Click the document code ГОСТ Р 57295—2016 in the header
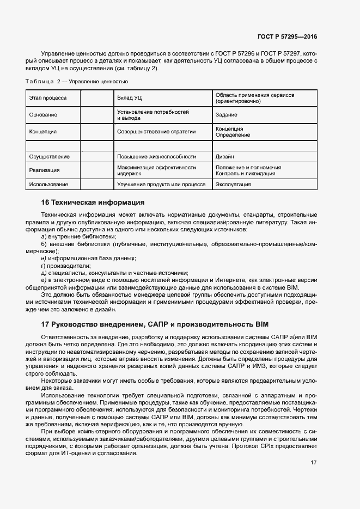coord(286,36)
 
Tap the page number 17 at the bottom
coord(314,463)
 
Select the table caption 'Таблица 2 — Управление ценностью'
coord(77,82)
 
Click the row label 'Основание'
coord(43,115)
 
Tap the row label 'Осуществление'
coord(49,157)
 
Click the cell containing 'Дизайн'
coord(225,157)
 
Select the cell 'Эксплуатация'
coord(233,185)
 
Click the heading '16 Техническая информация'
coord(93,203)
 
